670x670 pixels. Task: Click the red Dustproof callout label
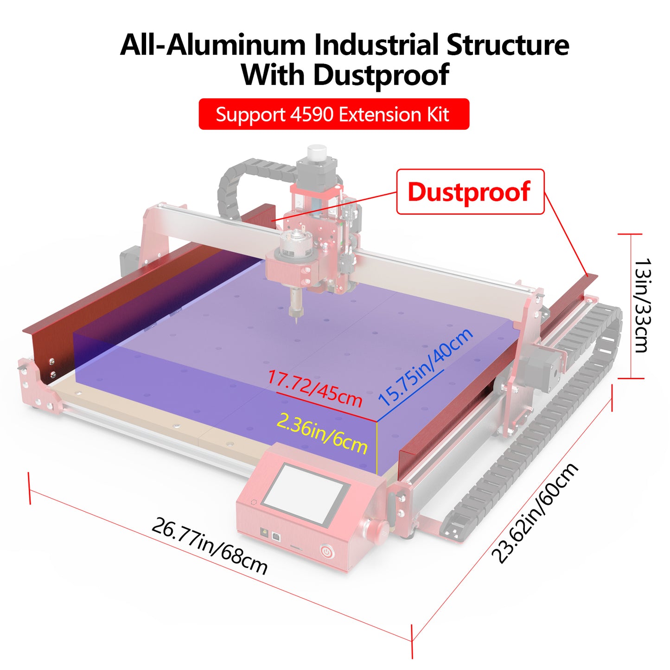coord(470,191)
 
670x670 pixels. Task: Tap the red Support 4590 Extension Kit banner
coord(333,114)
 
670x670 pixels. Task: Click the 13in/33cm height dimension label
coord(642,306)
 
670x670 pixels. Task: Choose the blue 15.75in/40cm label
coord(426,367)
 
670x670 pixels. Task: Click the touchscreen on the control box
coord(306,494)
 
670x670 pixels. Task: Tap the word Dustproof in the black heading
coord(381,75)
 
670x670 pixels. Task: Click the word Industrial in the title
coord(376,45)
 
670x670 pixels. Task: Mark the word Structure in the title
coord(507,45)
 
